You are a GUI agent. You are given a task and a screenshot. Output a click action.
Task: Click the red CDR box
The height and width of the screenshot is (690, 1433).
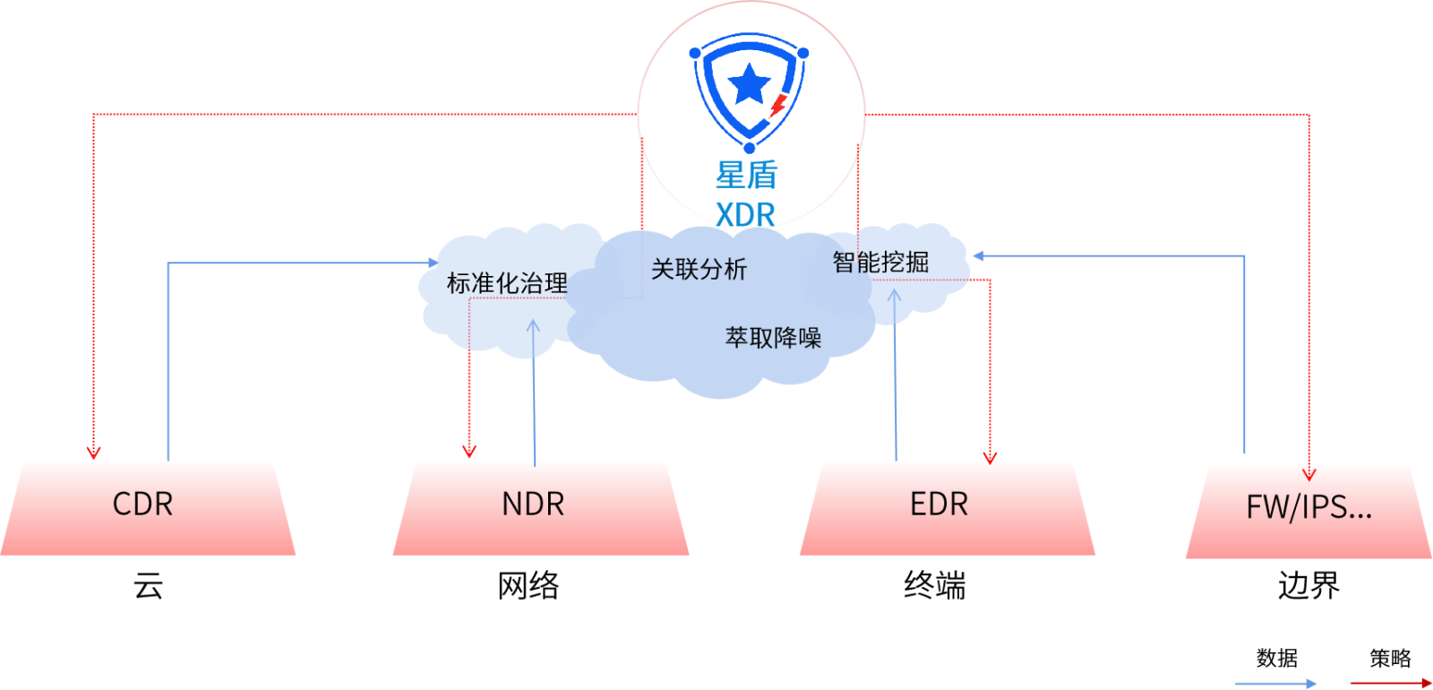point(148,506)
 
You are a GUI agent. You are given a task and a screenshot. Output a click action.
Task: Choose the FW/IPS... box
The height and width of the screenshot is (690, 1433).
point(1309,510)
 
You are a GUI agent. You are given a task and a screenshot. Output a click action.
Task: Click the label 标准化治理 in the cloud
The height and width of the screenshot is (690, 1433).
point(507,283)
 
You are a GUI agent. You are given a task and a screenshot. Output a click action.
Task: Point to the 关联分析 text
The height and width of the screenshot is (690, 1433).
point(699,269)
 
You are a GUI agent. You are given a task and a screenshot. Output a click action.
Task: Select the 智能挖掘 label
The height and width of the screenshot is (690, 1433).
point(880,263)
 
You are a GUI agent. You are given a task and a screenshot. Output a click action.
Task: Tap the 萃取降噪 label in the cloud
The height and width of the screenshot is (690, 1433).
point(773,338)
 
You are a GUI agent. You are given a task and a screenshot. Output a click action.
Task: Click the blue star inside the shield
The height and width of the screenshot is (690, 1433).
point(750,85)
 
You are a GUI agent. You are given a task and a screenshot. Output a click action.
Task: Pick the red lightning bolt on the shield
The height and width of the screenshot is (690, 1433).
point(777,106)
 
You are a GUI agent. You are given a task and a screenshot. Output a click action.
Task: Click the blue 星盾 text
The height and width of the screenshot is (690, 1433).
point(747,175)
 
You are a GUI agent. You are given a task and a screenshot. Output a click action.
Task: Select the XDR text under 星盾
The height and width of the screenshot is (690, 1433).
point(745,215)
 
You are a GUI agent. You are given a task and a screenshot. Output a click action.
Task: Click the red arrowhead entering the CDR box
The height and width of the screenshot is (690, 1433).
point(93,453)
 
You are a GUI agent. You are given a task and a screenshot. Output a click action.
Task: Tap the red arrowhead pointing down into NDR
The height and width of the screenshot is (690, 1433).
point(468,450)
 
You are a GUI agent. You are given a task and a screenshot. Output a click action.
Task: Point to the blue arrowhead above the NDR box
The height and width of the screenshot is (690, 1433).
point(533,327)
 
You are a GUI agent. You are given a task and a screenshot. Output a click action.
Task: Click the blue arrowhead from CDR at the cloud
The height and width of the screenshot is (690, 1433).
point(433,263)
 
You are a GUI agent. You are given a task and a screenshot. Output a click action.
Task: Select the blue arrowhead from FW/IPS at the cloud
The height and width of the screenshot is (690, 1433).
point(978,256)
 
